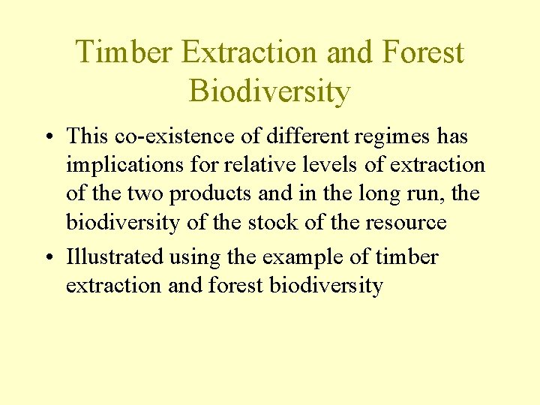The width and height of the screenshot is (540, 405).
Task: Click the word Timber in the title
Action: tap(124, 52)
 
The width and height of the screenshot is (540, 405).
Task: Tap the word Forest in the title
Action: tap(423, 52)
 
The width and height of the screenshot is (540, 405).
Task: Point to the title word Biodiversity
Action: tap(270, 91)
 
